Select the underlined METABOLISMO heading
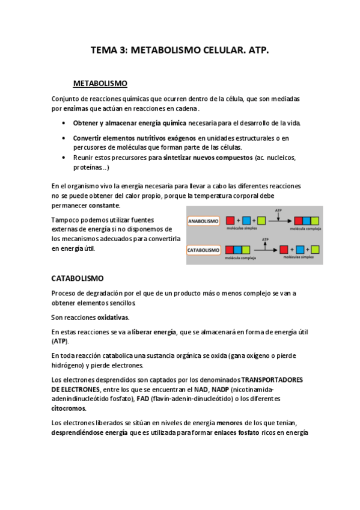click(x=100, y=83)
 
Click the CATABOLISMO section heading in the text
click(x=78, y=278)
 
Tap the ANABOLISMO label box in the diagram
click(x=204, y=221)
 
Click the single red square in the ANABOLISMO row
click(x=231, y=221)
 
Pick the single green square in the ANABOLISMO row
click(x=261, y=221)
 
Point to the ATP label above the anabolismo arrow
click(x=278, y=210)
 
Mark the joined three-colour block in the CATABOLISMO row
click(x=240, y=249)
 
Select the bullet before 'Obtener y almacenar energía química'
click(x=64, y=123)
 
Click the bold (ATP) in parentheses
click(x=60, y=340)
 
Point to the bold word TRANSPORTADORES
click(x=272, y=380)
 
